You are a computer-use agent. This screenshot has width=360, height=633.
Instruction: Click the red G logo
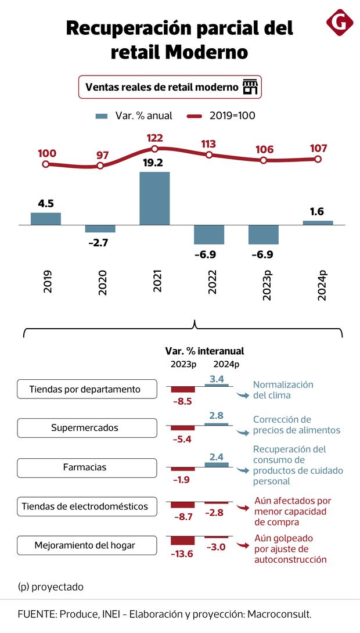coord(339,23)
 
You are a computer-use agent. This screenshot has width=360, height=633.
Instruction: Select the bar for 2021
coord(154,198)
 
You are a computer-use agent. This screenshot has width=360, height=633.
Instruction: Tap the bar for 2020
coord(100,228)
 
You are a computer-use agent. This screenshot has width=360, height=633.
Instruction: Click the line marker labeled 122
coord(154,149)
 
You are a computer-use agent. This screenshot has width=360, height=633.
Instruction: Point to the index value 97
coord(102,155)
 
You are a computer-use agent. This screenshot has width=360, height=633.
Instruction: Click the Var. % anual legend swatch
coord(102,116)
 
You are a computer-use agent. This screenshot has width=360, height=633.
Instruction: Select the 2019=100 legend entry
coord(221,116)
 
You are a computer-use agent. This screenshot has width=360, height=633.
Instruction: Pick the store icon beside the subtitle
coord(250,87)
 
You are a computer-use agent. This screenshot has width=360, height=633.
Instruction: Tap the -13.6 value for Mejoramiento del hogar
coord(182,553)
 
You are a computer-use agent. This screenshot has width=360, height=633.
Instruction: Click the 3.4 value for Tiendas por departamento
coord(217,379)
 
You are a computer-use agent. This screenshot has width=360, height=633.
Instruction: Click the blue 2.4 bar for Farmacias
coord(217,464)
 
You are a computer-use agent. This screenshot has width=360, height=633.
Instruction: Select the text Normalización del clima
coord(283,390)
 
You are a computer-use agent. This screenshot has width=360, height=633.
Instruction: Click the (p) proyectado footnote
coord(51,587)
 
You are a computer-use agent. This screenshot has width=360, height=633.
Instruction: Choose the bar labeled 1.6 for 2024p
coord(318,222)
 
